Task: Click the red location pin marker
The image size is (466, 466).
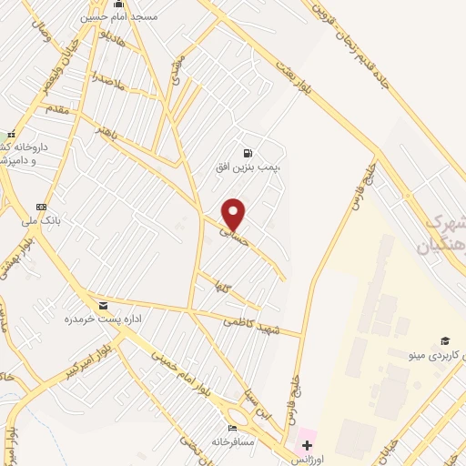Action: click(234, 215)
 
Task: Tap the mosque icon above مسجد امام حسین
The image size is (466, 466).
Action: click(118, 4)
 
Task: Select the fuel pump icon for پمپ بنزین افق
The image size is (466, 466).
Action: click(248, 153)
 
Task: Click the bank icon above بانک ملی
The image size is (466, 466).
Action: click(40, 206)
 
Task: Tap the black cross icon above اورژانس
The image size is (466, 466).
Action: click(307, 445)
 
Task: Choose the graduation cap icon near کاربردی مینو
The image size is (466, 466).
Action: click(445, 340)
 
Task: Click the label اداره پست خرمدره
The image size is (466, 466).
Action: click(93, 320)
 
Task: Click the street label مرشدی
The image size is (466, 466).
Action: click(177, 63)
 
